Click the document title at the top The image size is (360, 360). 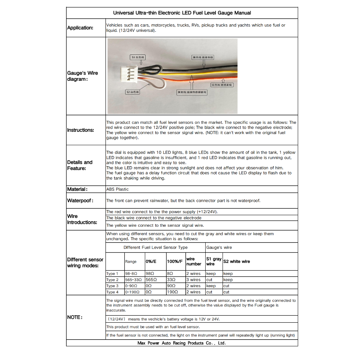click(x=182, y=13)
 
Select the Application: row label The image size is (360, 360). click(x=80, y=28)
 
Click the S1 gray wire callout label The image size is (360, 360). click(x=138, y=57)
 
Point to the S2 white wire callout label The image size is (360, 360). click(x=133, y=92)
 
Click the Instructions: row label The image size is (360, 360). click(x=81, y=130)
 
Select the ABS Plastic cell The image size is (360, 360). click(x=117, y=189)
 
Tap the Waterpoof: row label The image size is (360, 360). click(x=80, y=201)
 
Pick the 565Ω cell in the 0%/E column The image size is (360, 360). click(x=151, y=280)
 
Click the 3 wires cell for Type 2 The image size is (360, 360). click(x=193, y=280)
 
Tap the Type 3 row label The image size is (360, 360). click(x=112, y=286)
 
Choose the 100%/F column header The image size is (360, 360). click(x=175, y=262)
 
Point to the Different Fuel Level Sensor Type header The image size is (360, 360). click(x=155, y=247)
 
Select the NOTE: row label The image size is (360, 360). click(x=75, y=317)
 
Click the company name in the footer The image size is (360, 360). click(x=182, y=343)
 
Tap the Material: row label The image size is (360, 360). click(x=77, y=189)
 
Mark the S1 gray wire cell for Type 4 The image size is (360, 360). click(x=210, y=292)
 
